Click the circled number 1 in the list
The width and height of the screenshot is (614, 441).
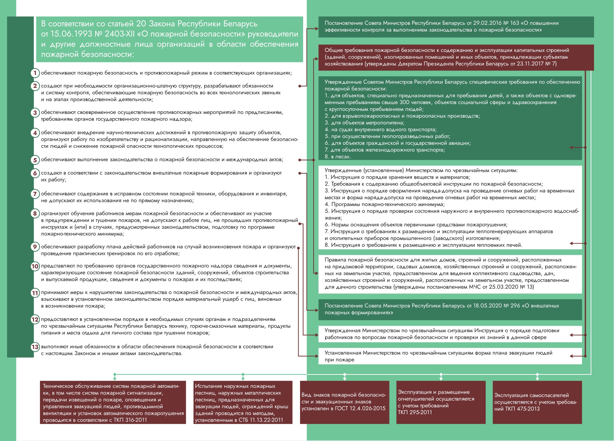35,73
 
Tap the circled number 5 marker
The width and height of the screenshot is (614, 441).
35,160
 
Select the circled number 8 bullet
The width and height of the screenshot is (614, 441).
35,213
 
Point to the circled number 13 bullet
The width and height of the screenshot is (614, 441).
35,347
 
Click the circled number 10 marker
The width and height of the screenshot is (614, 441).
35,266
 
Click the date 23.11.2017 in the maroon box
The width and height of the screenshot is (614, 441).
530,64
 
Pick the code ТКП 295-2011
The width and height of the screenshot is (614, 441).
415,412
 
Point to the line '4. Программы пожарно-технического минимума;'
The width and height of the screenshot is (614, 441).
385,204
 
